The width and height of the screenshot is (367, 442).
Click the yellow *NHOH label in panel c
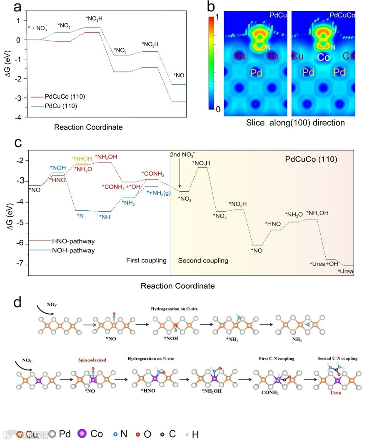(81, 159)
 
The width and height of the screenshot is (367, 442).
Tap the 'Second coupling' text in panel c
(203, 261)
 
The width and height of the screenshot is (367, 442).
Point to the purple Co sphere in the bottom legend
(83, 433)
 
